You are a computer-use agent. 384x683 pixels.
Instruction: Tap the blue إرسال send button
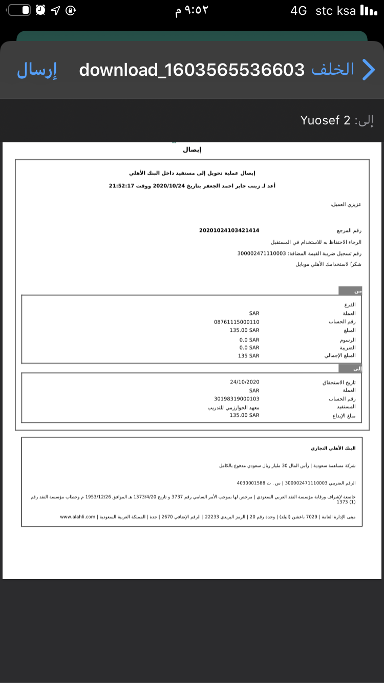pos(37,70)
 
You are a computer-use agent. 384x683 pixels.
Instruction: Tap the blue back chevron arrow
pos(369,70)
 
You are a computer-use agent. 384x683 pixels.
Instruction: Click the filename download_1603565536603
pos(192,70)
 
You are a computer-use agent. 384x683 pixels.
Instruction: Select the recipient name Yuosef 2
pos(325,120)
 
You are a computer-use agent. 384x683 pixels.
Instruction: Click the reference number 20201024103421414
pos(229,230)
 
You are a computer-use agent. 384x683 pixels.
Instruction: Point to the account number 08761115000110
pos(237,322)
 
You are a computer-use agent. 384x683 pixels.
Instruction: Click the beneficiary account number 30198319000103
pos(237,398)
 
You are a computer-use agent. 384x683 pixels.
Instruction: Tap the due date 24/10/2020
pos(245,382)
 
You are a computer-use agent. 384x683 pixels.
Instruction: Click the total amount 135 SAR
pos(249,356)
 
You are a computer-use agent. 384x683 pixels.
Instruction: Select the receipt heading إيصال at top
pos(192,150)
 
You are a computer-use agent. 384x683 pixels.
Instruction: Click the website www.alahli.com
pos(78,517)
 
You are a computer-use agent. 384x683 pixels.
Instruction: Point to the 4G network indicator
pos(298,10)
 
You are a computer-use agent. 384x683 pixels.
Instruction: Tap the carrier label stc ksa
pos(336,10)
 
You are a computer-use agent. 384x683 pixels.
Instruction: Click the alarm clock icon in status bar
pos(40,10)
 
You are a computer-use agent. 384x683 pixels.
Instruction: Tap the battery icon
pos(19,10)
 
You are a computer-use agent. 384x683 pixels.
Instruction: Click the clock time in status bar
pos(192,11)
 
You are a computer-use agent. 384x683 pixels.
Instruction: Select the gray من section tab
pos(351,291)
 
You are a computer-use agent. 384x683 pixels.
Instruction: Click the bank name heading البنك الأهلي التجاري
pos(333,448)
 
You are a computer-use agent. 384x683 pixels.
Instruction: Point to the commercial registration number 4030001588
pos(251,483)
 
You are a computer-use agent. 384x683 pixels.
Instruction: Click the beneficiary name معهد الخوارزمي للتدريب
pos(233,407)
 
